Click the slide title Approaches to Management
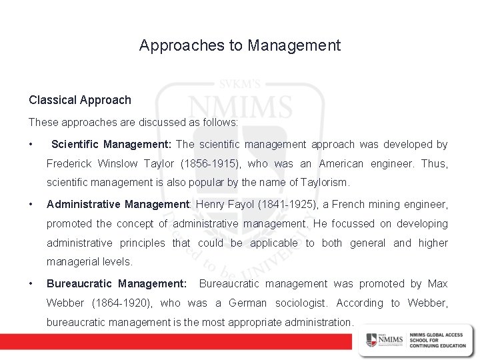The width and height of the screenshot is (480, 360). click(x=240, y=45)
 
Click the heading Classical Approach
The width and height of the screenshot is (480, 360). click(x=80, y=100)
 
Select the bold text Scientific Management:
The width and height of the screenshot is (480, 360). click(x=111, y=144)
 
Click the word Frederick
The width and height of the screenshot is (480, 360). click(x=70, y=163)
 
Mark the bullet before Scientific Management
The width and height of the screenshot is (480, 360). click(x=31, y=145)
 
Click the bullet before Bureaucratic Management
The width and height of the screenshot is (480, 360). click(x=31, y=285)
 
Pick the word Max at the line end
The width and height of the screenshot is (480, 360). click(x=438, y=284)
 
